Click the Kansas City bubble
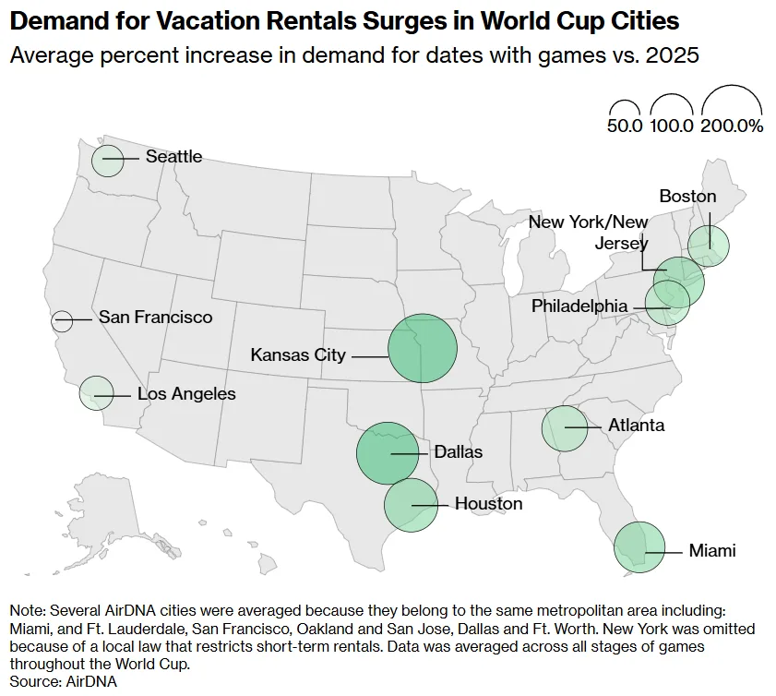point(423,349)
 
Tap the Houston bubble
point(411,504)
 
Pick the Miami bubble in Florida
point(639,547)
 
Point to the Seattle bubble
point(107,160)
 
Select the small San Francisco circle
point(62,321)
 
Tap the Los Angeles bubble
point(96,393)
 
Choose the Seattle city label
point(173,157)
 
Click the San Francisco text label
point(155,318)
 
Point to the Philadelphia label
point(579,306)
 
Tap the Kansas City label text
point(298,354)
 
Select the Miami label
point(712,551)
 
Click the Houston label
point(488,504)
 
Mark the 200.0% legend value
point(732,126)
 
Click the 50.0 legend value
point(624,126)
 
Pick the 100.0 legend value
point(672,126)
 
